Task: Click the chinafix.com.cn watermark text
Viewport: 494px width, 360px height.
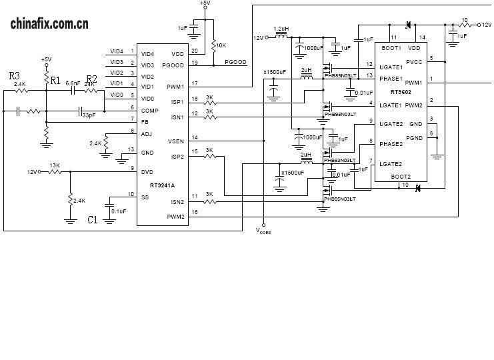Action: (49, 25)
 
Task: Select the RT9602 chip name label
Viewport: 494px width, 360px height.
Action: (401, 92)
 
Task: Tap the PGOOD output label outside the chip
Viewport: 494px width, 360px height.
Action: (235, 62)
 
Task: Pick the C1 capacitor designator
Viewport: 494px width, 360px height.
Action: (93, 219)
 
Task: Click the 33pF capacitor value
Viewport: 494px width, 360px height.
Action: (88, 115)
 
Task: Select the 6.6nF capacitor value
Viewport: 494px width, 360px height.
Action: (73, 83)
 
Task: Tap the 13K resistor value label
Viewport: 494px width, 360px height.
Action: (55, 165)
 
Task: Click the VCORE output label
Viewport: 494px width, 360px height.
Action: (264, 231)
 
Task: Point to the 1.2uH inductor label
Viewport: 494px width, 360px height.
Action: (282, 29)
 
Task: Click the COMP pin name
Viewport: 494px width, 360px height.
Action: (149, 109)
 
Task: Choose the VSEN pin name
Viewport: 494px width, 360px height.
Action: (176, 141)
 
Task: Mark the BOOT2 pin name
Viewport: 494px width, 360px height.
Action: (401, 177)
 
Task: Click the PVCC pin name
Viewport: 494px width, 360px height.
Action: (413, 62)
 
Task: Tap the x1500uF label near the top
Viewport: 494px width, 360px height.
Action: (275, 71)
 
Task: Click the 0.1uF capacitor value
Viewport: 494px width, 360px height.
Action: (119, 211)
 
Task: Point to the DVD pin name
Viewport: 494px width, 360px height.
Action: (147, 171)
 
